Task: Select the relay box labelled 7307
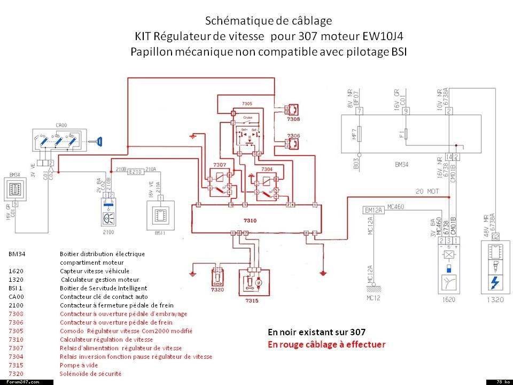pyautogui.click(x=220, y=182)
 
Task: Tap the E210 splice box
pyautogui.click(x=136, y=172)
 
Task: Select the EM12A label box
pyautogui.click(x=374, y=210)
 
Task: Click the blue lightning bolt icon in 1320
pyautogui.click(x=495, y=281)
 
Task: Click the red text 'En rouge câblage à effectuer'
pyautogui.click(x=326, y=344)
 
